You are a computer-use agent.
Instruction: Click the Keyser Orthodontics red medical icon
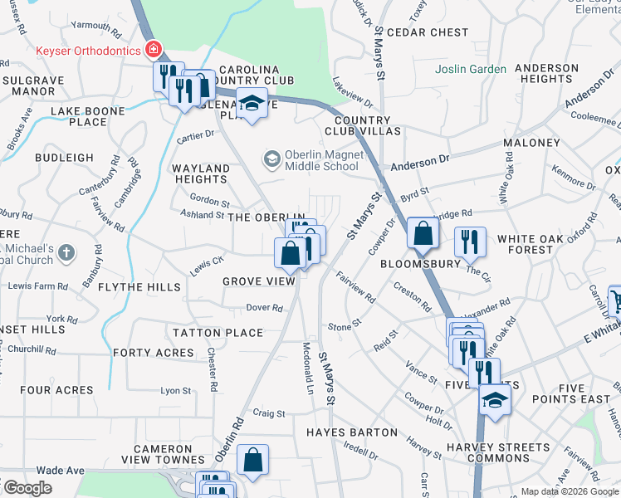click(153, 51)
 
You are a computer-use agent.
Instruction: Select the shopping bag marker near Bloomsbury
click(423, 235)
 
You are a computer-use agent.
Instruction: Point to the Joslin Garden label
click(472, 69)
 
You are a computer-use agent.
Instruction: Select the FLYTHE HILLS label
click(139, 286)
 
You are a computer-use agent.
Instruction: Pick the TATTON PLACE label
click(218, 333)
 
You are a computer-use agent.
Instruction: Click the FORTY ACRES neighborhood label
click(154, 353)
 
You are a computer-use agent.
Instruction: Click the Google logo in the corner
click(27, 488)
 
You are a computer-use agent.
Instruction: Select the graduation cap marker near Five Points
click(495, 400)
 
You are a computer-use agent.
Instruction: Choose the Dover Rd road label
click(266, 307)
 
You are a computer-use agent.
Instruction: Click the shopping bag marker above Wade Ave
click(252, 461)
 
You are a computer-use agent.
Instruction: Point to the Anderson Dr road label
click(419, 160)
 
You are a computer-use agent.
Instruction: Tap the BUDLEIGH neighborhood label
click(65, 158)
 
